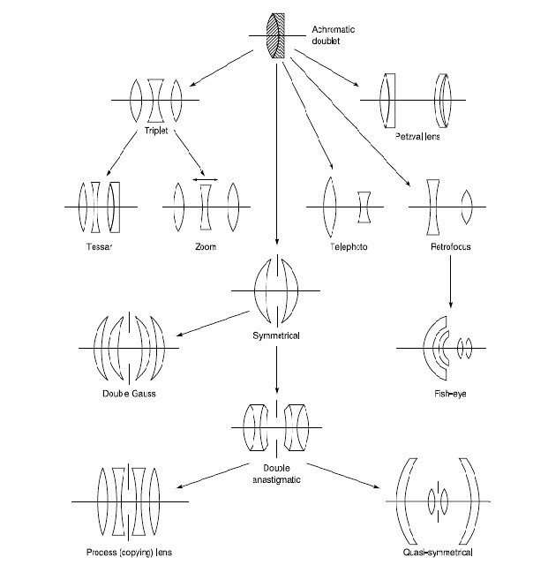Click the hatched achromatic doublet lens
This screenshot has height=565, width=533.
(276, 35)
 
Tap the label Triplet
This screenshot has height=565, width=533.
(156, 131)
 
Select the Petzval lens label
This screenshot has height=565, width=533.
(417, 137)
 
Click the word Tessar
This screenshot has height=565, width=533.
(99, 246)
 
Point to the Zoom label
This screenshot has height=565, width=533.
(206, 246)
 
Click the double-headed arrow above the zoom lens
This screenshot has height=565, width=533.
(206, 179)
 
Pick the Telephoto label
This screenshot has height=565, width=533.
(349, 246)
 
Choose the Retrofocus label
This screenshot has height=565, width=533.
(451, 246)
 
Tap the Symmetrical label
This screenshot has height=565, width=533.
(276, 335)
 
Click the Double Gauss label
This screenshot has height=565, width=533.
(129, 393)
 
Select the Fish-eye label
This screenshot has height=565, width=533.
(450, 393)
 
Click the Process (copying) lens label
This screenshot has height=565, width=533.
(129, 552)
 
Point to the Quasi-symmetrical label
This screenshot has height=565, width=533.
(438, 552)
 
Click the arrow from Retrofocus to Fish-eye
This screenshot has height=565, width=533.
(450, 282)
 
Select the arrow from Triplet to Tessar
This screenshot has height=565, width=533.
(122, 153)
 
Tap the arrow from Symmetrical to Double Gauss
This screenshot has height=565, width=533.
(213, 324)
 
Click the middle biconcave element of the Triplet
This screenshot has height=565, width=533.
(155, 101)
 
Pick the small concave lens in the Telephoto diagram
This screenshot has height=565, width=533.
(364, 207)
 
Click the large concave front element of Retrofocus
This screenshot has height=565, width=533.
(433, 207)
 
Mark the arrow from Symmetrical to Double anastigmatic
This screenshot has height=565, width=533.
(276, 370)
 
